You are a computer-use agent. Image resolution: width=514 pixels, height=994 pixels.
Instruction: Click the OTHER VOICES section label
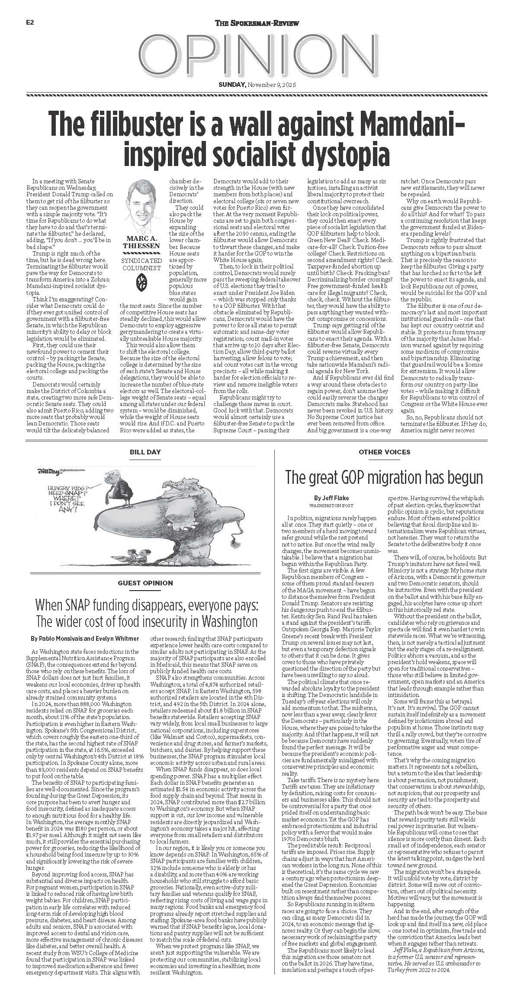pos(384,452)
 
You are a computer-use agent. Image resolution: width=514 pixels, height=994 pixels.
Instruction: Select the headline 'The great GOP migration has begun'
pos(384,478)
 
